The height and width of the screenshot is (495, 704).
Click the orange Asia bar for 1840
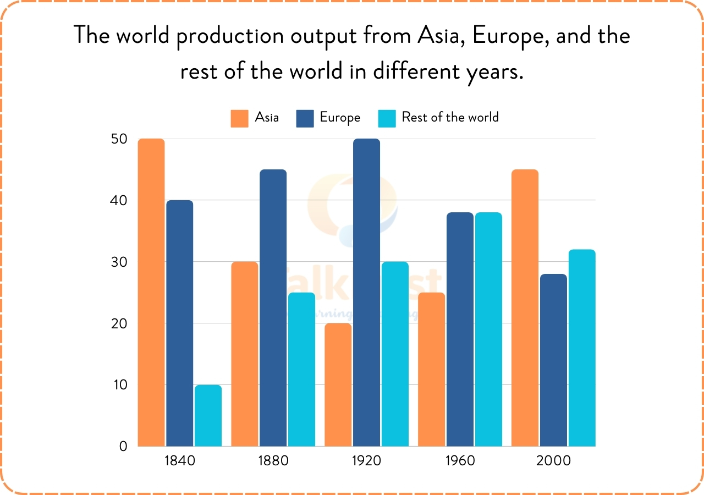click(151, 292)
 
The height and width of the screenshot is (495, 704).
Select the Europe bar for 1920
click(366, 292)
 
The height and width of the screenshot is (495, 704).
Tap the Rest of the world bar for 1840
click(208, 415)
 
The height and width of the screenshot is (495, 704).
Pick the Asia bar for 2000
click(525, 307)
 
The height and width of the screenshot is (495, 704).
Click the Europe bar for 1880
click(273, 307)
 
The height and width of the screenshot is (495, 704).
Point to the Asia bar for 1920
click(338, 384)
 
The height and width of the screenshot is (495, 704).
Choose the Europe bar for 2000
click(553, 360)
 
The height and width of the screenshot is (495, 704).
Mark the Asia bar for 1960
click(432, 369)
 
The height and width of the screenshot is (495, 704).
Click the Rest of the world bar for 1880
click(301, 369)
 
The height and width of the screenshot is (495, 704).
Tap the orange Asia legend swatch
click(240, 118)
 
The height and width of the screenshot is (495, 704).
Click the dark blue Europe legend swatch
click(305, 118)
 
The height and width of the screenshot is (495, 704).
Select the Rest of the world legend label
click(450, 117)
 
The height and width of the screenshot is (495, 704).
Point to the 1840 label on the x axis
click(180, 460)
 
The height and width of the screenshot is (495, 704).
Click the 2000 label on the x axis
click(554, 460)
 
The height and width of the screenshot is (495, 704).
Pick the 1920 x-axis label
click(366, 460)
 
